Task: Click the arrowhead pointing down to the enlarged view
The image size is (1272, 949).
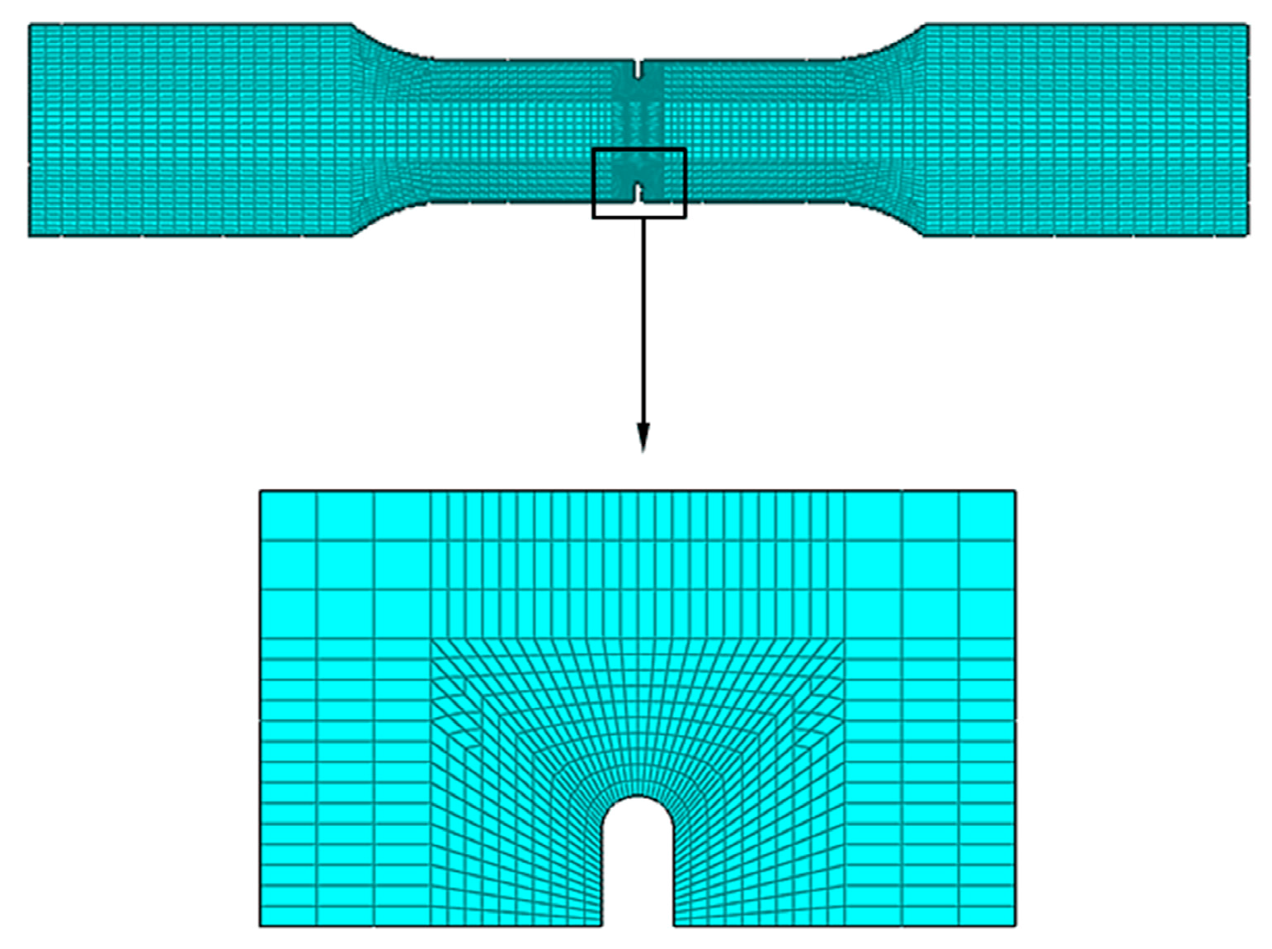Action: [x=643, y=437]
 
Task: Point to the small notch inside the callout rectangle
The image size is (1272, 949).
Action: [x=638, y=192]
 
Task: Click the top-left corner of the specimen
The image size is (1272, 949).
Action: [x=31, y=26]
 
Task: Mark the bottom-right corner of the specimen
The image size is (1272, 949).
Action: [x=1247, y=235]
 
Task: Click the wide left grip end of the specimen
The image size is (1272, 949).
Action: [x=190, y=130]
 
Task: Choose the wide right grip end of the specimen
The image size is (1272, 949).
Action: [x=1085, y=130]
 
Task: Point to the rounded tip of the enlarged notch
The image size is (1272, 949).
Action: [x=638, y=798]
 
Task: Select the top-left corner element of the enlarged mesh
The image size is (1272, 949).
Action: [x=288, y=516]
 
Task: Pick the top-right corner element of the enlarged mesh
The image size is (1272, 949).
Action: [x=987, y=516]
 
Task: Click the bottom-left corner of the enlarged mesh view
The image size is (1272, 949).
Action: [x=261, y=925]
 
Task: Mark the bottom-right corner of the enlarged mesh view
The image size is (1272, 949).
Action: [x=1014, y=925]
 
